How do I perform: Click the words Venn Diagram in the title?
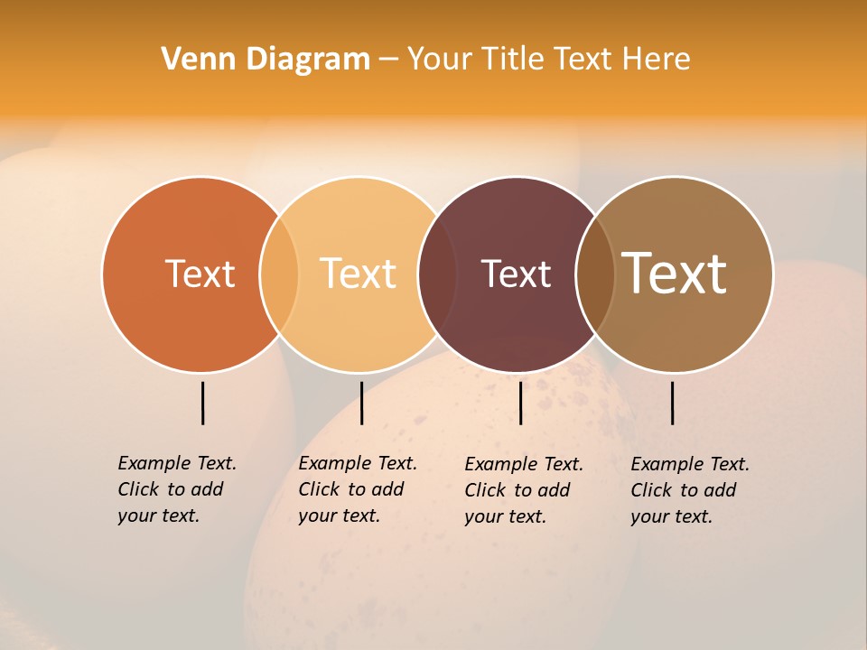tap(266, 60)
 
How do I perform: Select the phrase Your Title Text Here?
tap(548, 60)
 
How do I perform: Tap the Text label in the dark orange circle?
tap(200, 274)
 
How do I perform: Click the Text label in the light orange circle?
tap(358, 274)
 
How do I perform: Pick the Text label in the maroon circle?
tap(516, 274)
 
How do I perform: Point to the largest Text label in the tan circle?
tap(675, 274)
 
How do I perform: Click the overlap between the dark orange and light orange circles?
tap(279, 274)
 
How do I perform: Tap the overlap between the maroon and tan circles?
tap(594, 274)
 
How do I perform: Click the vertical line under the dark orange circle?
tap(203, 403)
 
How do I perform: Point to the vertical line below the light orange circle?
tap(361, 403)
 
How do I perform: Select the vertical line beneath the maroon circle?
tap(520, 403)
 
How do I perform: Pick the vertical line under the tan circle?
tap(672, 403)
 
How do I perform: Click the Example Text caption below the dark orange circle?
tap(176, 489)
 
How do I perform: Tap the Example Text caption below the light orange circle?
tap(357, 489)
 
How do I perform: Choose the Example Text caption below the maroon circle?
tap(523, 490)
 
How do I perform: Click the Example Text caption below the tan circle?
tap(689, 490)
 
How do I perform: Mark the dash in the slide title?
tap(388, 60)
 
